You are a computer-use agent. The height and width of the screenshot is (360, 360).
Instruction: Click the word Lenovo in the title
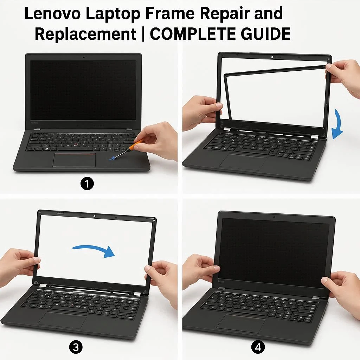coord(52,14)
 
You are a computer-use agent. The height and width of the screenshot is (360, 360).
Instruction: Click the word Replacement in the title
coord(86,34)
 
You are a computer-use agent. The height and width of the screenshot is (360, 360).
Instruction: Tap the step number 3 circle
coord(76,348)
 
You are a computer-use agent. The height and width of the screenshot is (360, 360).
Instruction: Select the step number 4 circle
coord(258,347)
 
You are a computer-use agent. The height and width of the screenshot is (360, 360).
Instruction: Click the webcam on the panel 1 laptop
coord(84,57)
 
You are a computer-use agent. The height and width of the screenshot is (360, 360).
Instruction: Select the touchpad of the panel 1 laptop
coord(75,160)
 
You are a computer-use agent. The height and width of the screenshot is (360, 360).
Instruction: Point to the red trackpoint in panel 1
coord(76,144)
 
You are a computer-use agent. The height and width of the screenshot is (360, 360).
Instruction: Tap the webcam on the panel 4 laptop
coord(274,217)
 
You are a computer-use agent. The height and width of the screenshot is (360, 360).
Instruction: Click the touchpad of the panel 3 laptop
coord(63,320)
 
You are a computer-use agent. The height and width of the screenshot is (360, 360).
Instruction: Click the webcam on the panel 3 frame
coord(94,216)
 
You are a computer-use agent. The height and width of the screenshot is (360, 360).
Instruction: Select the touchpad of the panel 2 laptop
coord(243,162)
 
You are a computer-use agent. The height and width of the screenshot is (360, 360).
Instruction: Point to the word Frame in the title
coord(170,14)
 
